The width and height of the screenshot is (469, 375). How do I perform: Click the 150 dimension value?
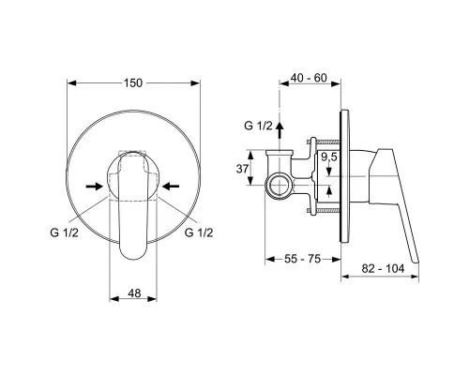tap(133, 83)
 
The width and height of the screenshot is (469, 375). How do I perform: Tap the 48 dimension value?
tap(134, 293)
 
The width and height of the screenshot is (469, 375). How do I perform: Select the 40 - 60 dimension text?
tap(309, 78)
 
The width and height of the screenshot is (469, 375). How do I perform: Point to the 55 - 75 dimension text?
tap(303, 259)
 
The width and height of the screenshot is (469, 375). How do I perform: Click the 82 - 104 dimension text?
tap(383, 268)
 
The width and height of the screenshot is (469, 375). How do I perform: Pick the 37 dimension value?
tap(242, 169)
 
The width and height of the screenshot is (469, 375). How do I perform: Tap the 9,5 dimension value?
tap(329, 157)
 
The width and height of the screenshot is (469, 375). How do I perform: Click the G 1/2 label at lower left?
tap(64, 232)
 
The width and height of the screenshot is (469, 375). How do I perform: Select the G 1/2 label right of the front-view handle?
tap(199, 232)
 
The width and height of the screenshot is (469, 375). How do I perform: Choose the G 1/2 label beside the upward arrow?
tap(258, 126)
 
